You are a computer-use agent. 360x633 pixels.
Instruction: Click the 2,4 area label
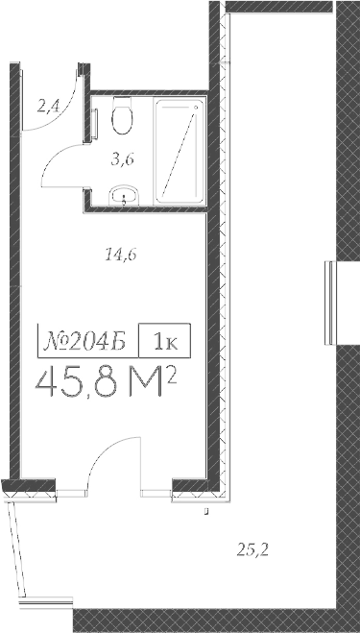(47, 107)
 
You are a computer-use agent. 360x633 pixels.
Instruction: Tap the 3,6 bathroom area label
(122, 159)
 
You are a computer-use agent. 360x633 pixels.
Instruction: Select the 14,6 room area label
(120, 255)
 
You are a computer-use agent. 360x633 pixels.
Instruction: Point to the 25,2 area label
(252, 549)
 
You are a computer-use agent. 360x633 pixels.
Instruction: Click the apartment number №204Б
(85, 340)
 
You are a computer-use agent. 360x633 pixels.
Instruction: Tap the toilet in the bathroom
(122, 117)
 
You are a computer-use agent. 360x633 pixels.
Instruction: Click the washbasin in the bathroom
(124, 197)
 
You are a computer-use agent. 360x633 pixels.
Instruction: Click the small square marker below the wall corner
(207, 514)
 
